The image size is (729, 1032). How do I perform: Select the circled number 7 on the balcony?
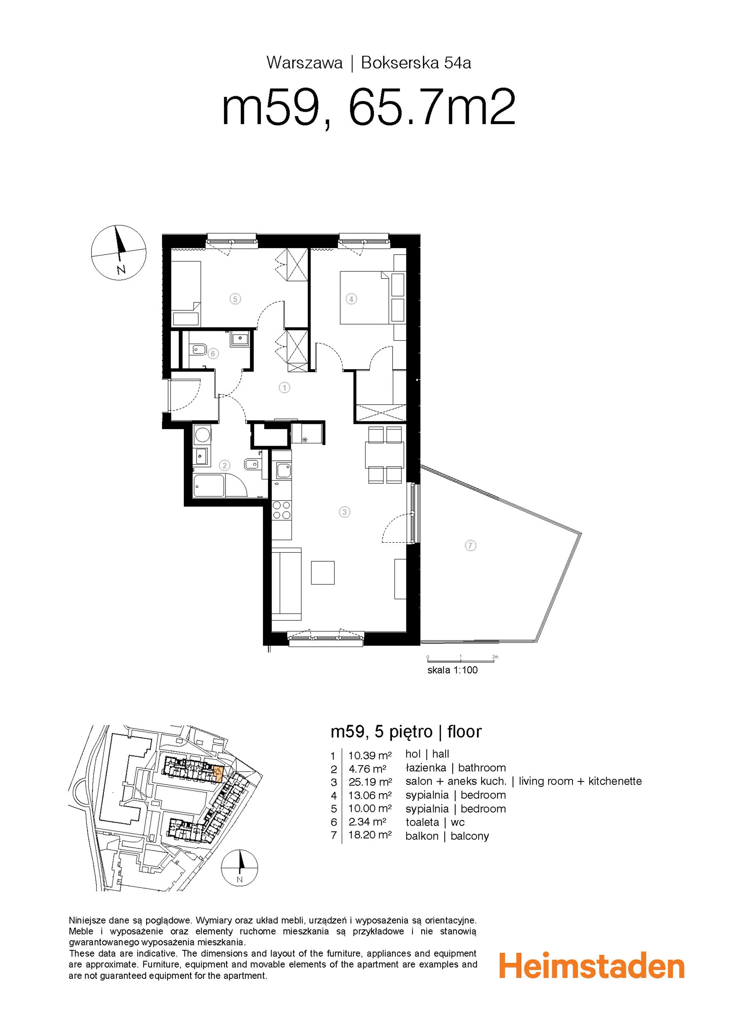(470, 546)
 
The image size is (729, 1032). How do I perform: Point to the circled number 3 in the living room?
(344, 512)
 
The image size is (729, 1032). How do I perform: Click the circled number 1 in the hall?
(284, 387)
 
